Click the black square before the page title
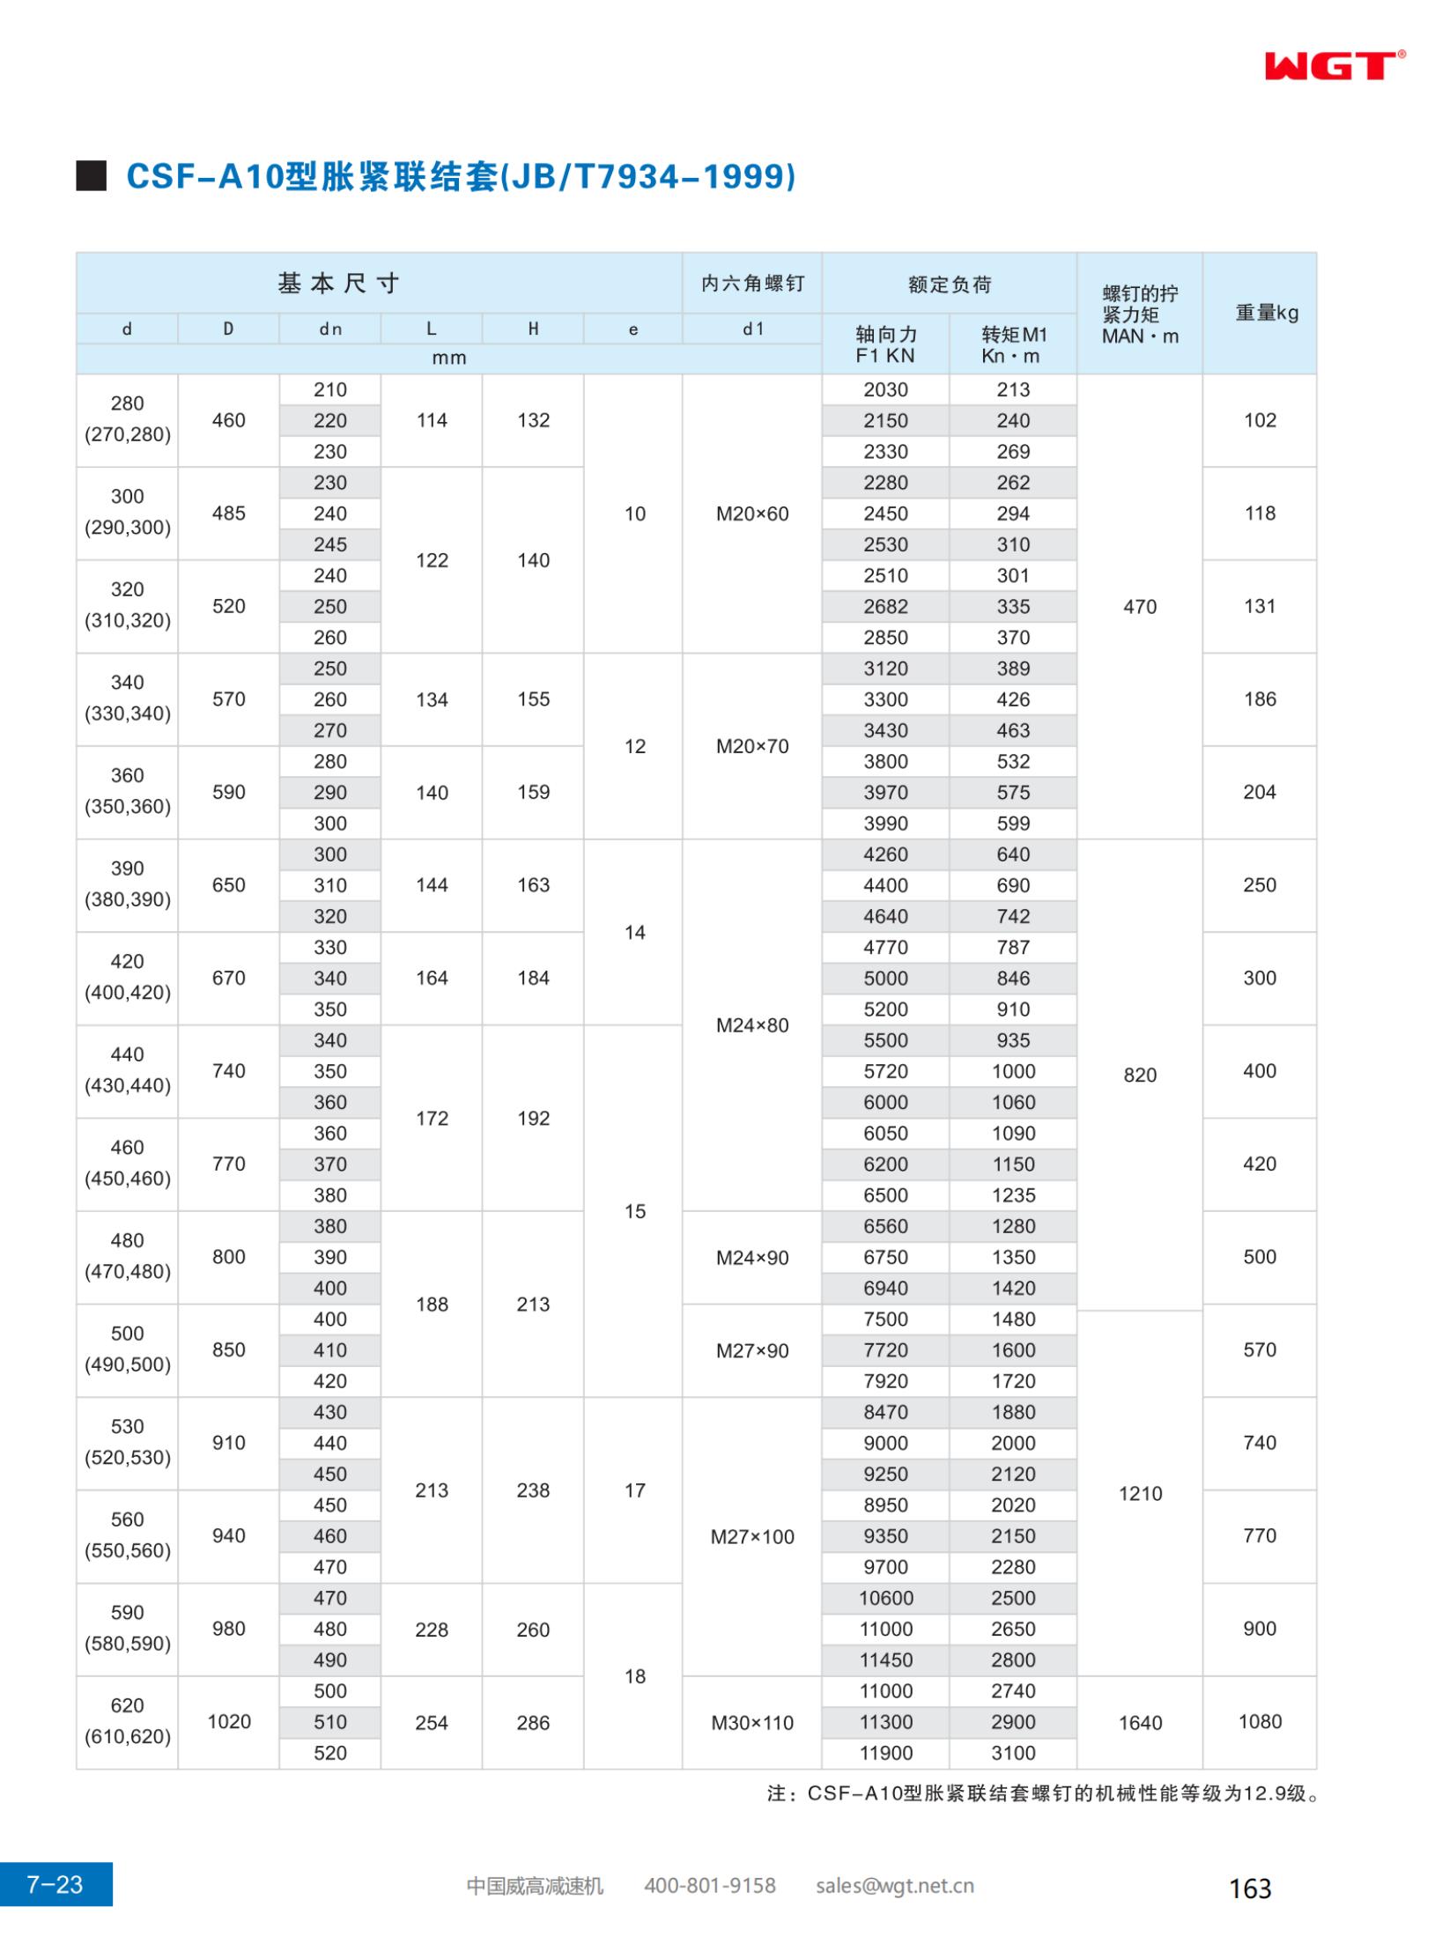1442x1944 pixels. pos(92,176)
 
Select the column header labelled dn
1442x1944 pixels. pos(330,329)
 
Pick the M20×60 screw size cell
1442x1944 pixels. pos(752,514)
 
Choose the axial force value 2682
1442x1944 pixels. pos(885,607)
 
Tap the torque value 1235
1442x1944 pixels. pos(1013,1195)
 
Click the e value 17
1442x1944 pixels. pos(635,1491)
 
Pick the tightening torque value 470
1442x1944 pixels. pos(1140,607)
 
